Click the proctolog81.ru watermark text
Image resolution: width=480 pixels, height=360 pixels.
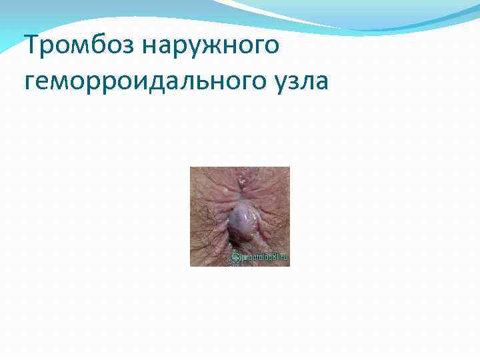(265, 257)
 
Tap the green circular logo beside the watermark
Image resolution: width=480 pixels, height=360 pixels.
(235, 257)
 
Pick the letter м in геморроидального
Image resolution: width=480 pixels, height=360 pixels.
(63, 83)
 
